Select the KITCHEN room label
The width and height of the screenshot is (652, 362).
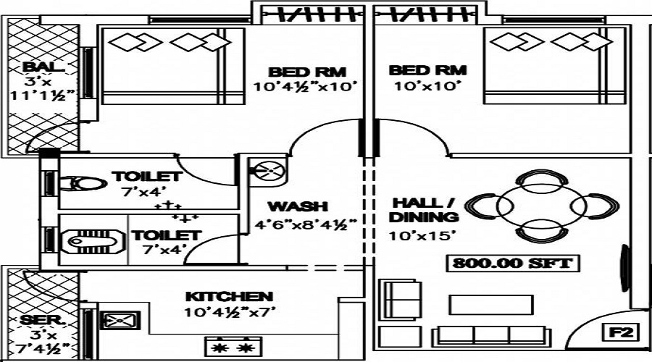coord(229,297)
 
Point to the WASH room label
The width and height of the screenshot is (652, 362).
coord(297,206)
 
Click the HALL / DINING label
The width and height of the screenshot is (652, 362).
coord(425,209)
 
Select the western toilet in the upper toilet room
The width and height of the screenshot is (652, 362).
coord(85,185)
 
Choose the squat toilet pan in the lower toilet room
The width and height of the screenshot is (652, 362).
coord(90,239)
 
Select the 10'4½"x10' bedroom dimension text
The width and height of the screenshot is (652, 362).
coord(306,88)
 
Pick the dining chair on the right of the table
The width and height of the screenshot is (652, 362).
coord(601,207)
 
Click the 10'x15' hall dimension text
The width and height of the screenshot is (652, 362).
coord(413,235)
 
